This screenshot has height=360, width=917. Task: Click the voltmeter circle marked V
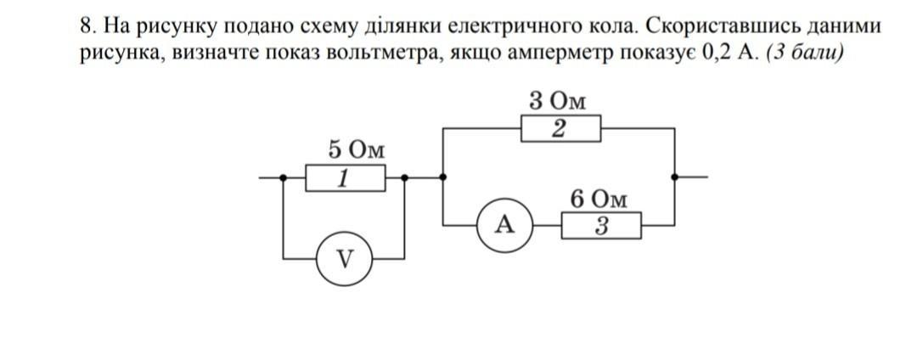tap(343, 257)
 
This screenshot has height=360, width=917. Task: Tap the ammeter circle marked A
tap(504, 224)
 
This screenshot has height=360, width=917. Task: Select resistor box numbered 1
tap(345, 179)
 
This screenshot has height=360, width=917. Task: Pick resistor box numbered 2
tap(560, 129)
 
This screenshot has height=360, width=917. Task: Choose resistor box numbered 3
tap(600, 227)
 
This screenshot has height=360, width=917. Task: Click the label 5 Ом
tap(356, 150)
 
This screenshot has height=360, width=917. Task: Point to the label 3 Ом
tap(557, 100)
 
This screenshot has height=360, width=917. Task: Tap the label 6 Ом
tap(599, 200)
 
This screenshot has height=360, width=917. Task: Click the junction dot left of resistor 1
tap(284, 178)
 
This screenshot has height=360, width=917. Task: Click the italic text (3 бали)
tap(804, 53)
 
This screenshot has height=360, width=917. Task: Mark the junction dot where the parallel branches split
tap(444, 178)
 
